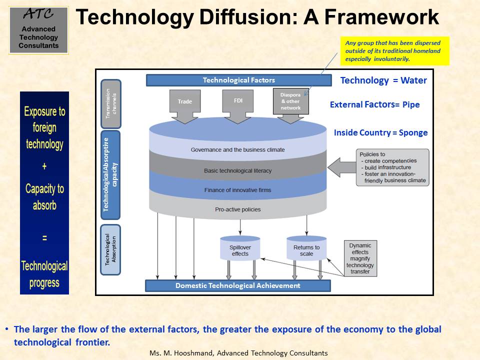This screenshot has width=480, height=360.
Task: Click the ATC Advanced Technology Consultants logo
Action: [x=38, y=30]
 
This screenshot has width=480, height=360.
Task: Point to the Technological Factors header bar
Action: [x=239, y=80]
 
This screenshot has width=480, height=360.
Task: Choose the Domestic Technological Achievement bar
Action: [x=238, y=285]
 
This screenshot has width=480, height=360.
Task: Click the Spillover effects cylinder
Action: [x=240, y=248]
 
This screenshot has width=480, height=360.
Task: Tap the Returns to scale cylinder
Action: [x=306, y=248]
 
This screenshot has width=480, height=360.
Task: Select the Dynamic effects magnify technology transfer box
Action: [x=360, y=258]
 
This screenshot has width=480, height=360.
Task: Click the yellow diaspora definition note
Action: [x=395, y=51]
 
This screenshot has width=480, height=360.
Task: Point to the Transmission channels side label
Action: [x=111, y=104]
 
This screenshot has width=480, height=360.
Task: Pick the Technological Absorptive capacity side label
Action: [x=110, y=175]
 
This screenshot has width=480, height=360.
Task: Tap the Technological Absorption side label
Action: [x=110, y=249]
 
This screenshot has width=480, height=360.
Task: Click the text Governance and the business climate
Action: [x=238, y=149]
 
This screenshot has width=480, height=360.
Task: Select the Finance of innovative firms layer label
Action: [x=238, y=190]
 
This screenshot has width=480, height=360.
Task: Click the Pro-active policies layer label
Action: [x=238, y=209]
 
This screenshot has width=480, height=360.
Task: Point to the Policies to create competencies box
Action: [x=392, y=167]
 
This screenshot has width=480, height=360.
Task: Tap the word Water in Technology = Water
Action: [x=413, y=80]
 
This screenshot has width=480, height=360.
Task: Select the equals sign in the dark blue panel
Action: [x=44, y=238]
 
